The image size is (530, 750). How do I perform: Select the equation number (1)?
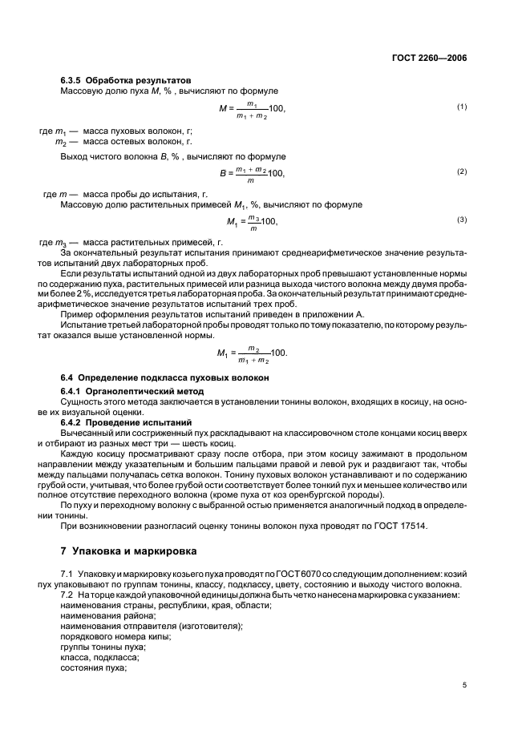click(x=461, y=107)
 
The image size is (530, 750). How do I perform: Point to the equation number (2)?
click(x=461, y=171)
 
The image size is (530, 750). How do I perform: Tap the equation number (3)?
click(x=461, y=220)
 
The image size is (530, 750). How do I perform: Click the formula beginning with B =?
click(x=252, y=172)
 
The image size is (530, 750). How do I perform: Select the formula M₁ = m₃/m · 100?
click(x=252, y=222)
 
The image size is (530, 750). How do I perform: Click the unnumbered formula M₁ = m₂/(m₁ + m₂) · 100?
click(x=252, y=353)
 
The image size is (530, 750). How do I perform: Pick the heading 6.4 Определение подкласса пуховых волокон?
click(x=164, y=377)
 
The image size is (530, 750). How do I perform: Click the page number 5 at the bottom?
click(x=464, y=684)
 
